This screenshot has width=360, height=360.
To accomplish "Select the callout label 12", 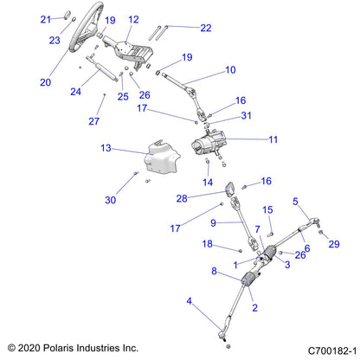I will coord(133,19).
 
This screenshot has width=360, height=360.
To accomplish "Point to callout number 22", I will coord(205,28).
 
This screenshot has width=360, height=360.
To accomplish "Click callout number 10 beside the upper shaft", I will coord(230,69).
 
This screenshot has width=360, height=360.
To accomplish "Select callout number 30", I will coord(109,200).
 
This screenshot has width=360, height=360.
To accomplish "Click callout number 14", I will coord(207,183).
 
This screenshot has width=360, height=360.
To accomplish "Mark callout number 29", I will coord(333,246).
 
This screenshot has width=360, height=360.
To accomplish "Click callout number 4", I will coord(190,301).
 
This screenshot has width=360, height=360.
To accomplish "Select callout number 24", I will coord(75,90).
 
